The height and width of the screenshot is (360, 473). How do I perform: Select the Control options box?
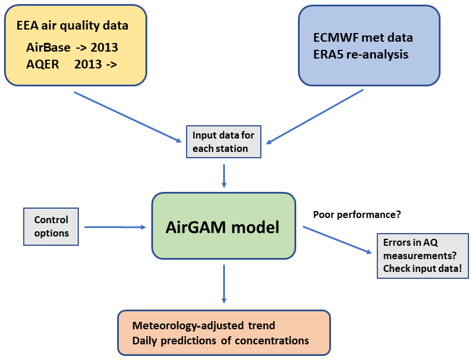(x=51, y=227)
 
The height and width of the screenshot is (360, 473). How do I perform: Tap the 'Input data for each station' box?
(x=223, y=142)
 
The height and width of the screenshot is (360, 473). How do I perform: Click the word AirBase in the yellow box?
(x=48, y=48)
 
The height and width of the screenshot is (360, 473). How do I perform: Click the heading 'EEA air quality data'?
(x=72, y=26)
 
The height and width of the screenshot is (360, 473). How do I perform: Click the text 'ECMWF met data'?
(x=362, y=38)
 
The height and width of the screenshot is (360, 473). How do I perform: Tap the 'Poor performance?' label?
(x=357, y=214)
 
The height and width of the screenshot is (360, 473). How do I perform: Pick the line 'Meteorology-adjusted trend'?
(x=203, y=326)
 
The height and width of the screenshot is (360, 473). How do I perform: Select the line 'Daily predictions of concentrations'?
(x=220, y=340)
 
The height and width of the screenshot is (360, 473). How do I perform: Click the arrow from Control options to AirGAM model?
(x=115, y=227)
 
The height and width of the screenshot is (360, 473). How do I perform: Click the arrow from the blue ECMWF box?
(x=315, y=116)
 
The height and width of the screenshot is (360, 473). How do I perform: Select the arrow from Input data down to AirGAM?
(x=224, y=175)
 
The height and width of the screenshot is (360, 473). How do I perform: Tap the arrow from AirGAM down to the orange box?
(x=224, y=283)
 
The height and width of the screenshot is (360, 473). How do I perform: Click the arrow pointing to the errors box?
(x=337, y=239)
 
